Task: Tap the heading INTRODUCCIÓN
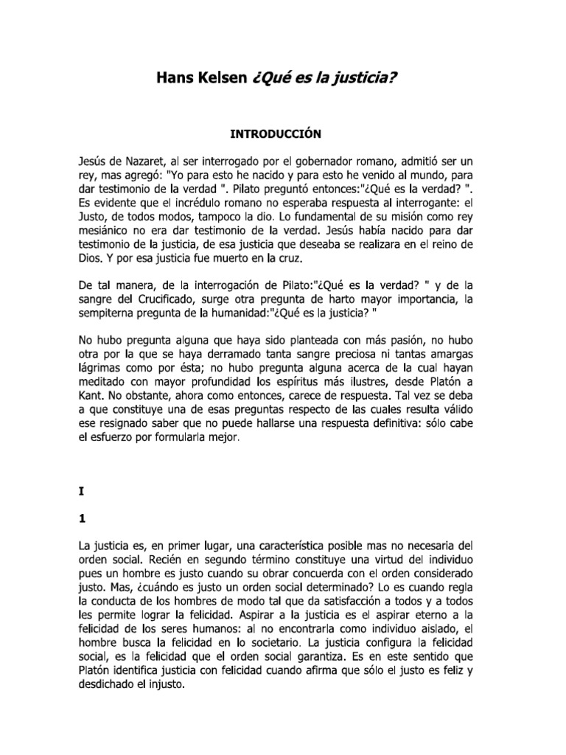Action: (x=283, y=135)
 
